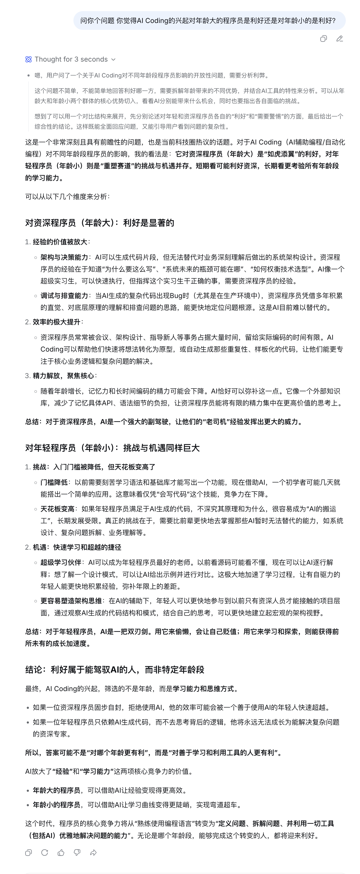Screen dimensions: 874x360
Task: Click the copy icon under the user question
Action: click(x=323, y=39)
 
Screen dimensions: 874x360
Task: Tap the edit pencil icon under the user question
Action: click(x=339, y=39)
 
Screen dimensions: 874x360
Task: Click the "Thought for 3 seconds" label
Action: click(x=71, y=59)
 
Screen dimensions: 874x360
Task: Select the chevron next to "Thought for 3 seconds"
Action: click(x=113, y=59)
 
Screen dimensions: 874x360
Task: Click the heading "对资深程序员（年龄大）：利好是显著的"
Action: click(x=99, y=223)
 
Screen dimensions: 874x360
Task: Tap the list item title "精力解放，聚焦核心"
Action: click(x=63, y=376)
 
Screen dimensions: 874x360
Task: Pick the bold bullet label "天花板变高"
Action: click(x=57, y=509)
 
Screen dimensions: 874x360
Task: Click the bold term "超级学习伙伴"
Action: click(x=61, y=562)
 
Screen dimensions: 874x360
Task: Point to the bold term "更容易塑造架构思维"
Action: click(x=71, y=601)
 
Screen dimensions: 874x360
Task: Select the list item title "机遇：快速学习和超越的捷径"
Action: click(x=77, y=547)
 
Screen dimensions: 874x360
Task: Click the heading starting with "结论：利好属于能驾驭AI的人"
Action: click(x=115, y=669)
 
